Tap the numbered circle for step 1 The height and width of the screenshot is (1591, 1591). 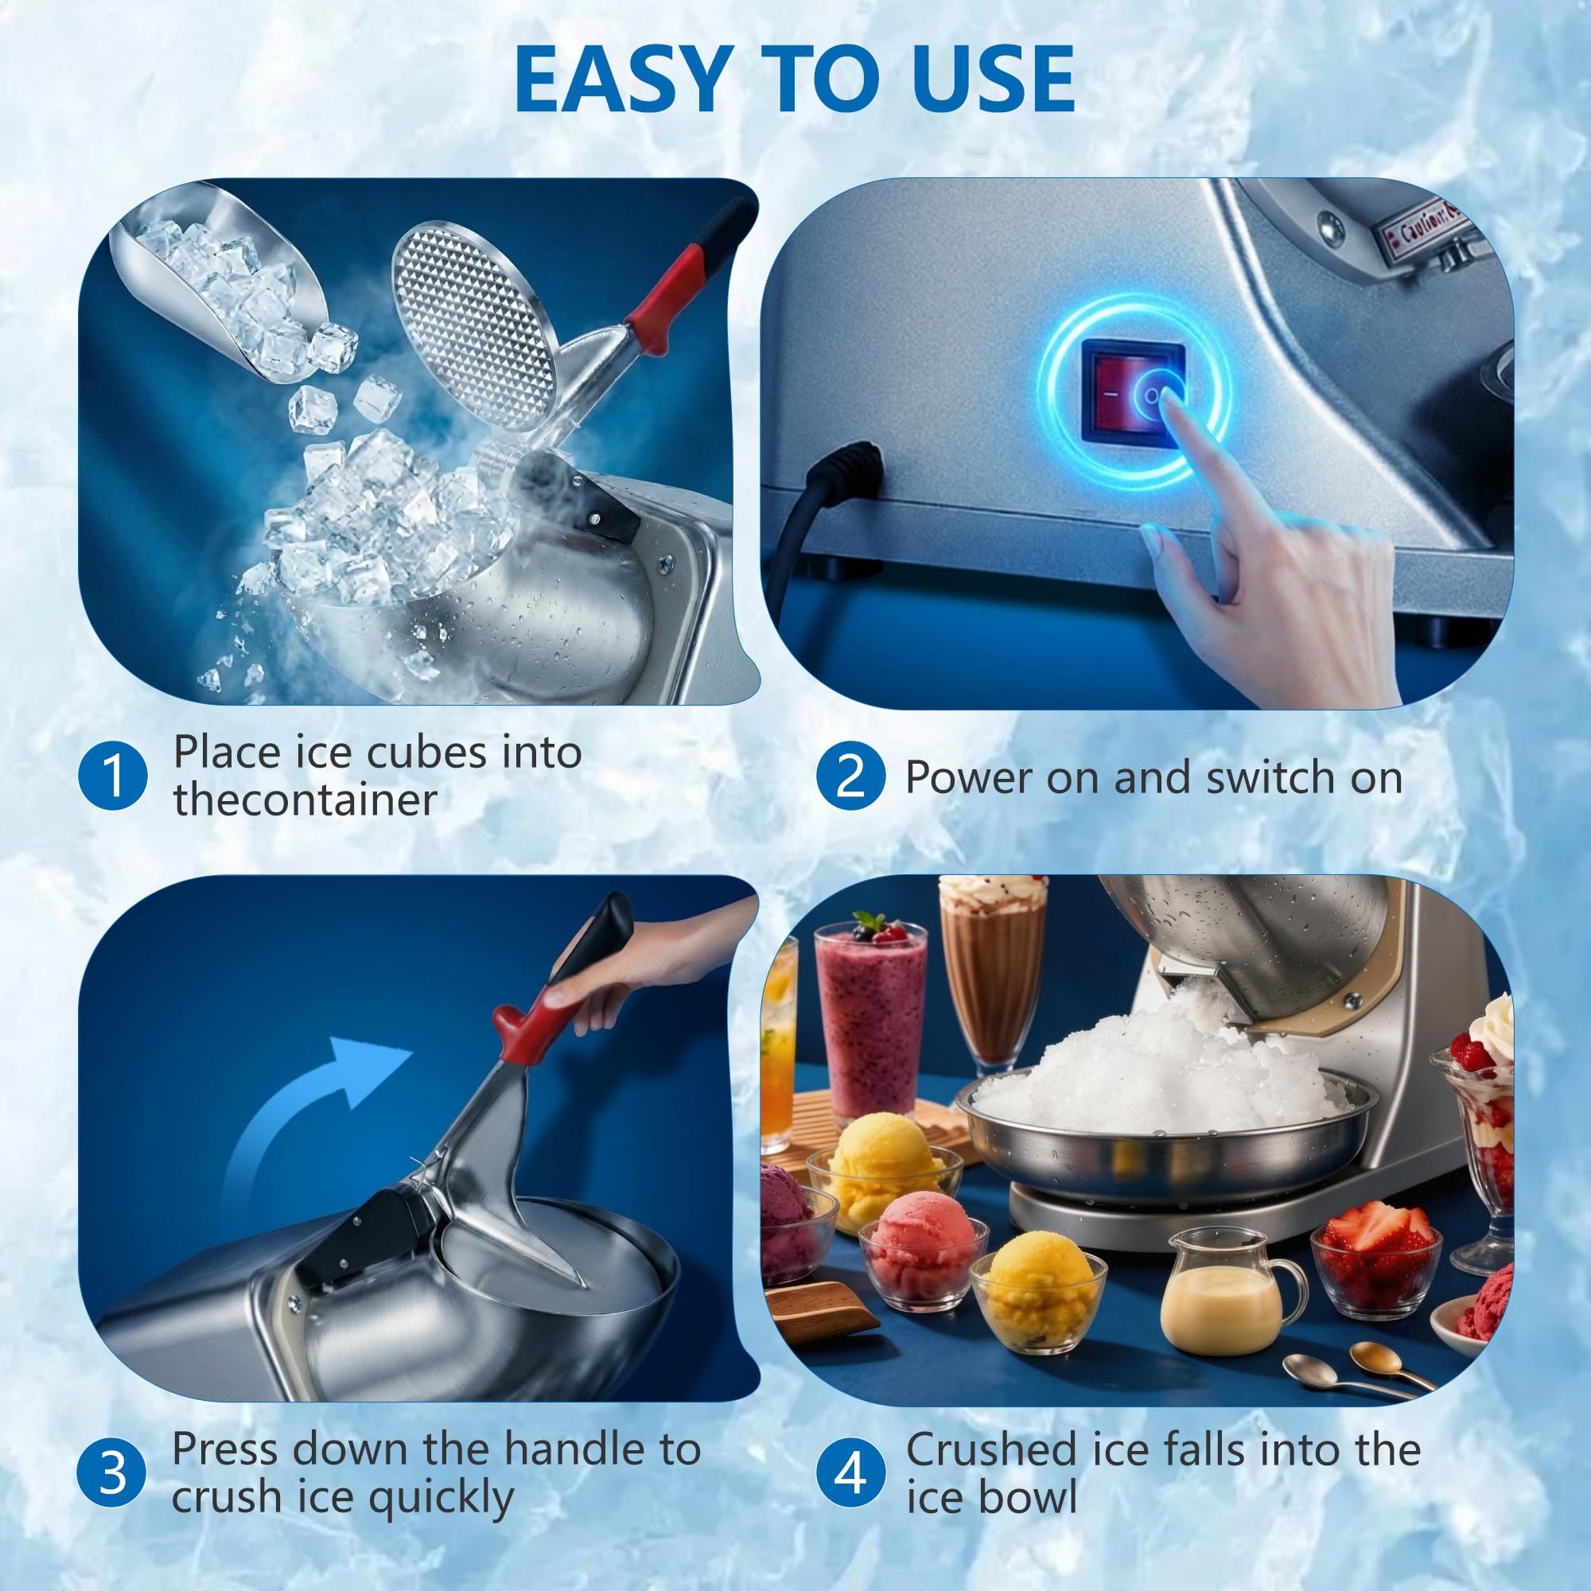(113, 776)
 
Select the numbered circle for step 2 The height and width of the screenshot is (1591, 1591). (850, 776)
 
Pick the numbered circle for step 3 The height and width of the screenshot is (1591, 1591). (112, 1472)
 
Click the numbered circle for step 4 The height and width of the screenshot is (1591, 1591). (850, 1472)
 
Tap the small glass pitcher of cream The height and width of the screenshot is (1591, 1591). (1227, 1297)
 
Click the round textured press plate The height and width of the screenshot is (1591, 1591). (473, 325)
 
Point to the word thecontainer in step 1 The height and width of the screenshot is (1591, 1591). (305, 799)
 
